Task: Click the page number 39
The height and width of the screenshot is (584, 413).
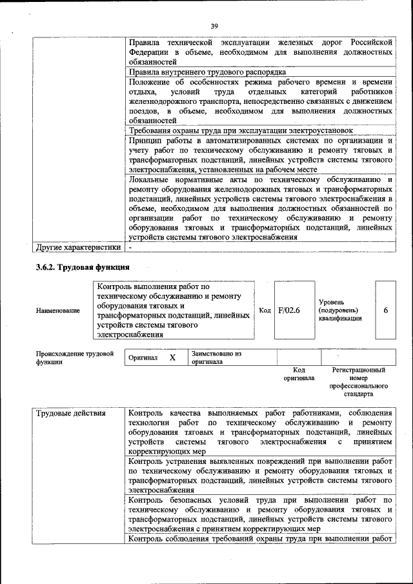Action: coord(214,26)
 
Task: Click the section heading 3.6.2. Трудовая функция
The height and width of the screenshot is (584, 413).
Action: coord(83,267)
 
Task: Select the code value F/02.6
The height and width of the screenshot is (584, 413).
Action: coord(289,310)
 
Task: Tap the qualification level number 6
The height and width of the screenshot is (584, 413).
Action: coord(385,310)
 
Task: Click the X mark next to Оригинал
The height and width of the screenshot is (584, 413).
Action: coord(172,357)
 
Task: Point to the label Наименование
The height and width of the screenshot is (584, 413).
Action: coord(58,310)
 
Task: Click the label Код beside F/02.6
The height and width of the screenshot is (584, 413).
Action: coord(265,310)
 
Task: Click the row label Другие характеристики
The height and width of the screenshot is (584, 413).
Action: coord(78,247)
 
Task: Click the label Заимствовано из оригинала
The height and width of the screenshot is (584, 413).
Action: coord(216,357)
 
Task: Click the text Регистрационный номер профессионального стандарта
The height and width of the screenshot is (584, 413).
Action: coord(358,381)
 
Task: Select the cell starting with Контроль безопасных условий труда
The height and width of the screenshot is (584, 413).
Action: coord(261,513)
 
